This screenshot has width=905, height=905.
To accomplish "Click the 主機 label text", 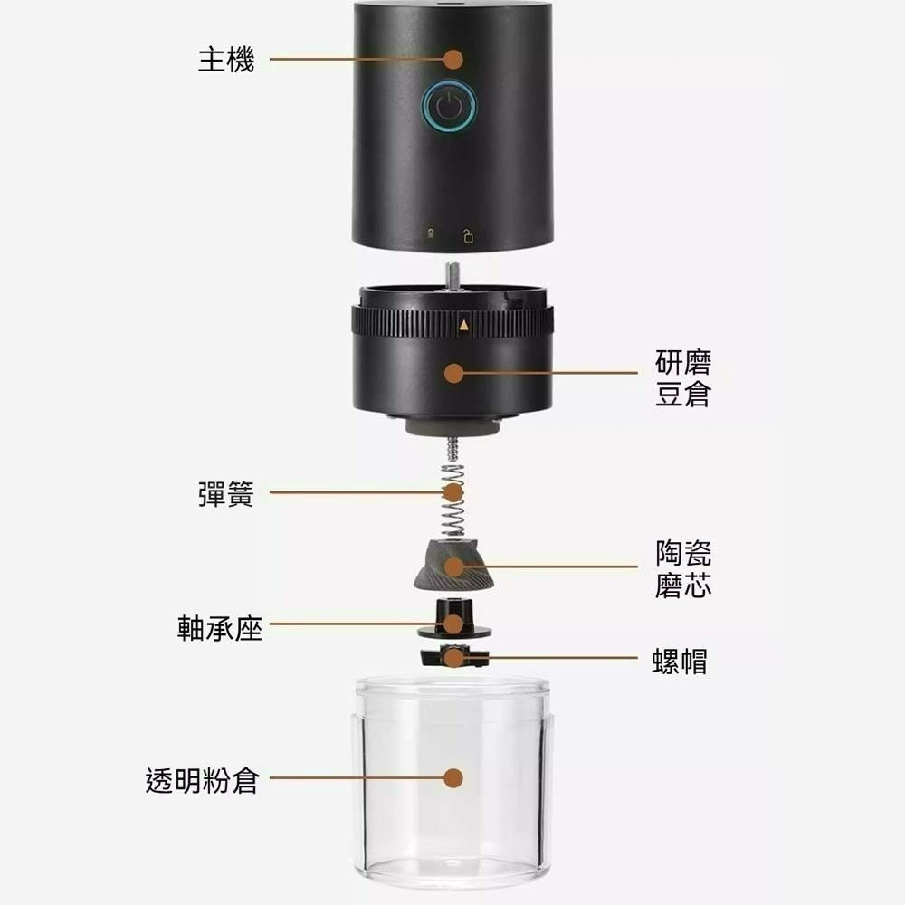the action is pyautogui.click(x=226, y=61).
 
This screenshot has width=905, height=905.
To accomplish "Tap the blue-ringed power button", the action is pyautogui.click(x=449, y=107).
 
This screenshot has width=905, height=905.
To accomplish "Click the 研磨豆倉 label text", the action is pyautogui.click(x=683, y=379).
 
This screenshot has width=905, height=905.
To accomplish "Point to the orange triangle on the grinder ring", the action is pyautogui.click(x=463, y=324).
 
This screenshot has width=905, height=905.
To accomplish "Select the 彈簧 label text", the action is pyautogui.click(x=226, y=494).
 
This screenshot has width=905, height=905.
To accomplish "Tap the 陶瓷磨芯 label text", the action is pyautogui.click(x=683, y=568).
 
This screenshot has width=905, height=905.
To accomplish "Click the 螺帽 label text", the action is pyautogui.click(x=680, y=662).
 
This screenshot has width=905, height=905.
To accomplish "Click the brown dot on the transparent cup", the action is pyautogui.click(x=454, y=778).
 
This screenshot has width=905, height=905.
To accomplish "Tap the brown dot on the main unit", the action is pyautogui.click(x=454, y=60).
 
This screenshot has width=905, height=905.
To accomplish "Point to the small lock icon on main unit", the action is pyautogui.click(x=468, y=237).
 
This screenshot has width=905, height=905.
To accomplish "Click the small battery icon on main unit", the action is pyautogui.click(x=432, y=237).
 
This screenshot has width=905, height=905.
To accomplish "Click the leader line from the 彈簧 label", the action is pyautogui.click(x=353, y=492).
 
